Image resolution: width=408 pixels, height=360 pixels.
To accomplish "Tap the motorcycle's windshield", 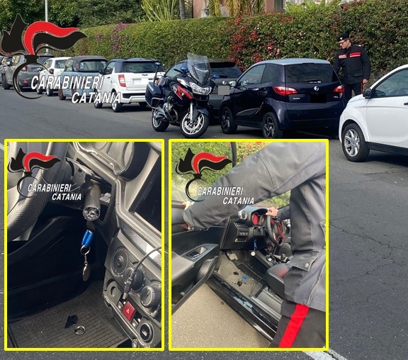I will [198, 68].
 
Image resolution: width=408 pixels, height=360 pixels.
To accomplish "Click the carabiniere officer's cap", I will [344, 37].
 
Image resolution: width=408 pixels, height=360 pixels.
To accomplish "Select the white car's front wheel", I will [352, 141].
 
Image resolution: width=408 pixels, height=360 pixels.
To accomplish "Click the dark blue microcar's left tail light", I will [285, 90].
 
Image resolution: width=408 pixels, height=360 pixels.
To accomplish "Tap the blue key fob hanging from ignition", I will [86, 241].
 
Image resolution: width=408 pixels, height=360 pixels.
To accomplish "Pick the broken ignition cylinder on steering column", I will [92, 208].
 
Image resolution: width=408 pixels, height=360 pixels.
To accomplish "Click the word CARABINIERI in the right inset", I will [220, 191].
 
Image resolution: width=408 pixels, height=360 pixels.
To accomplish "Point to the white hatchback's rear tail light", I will [122, 80].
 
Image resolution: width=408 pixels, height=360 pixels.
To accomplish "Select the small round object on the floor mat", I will [79, 330].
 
